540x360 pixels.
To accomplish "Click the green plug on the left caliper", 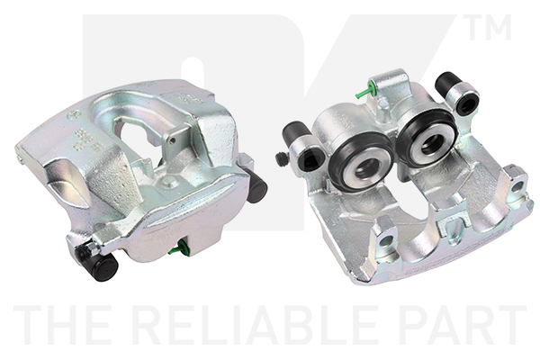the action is (179, 248).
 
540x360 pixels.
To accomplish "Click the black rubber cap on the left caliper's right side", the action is (256, 186).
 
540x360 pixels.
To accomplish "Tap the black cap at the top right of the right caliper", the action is (448, 84).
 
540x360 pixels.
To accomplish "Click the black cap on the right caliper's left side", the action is (294, 133).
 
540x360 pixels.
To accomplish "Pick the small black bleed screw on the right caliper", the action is (282, 159).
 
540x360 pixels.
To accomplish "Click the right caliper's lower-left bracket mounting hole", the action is (386, 241).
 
